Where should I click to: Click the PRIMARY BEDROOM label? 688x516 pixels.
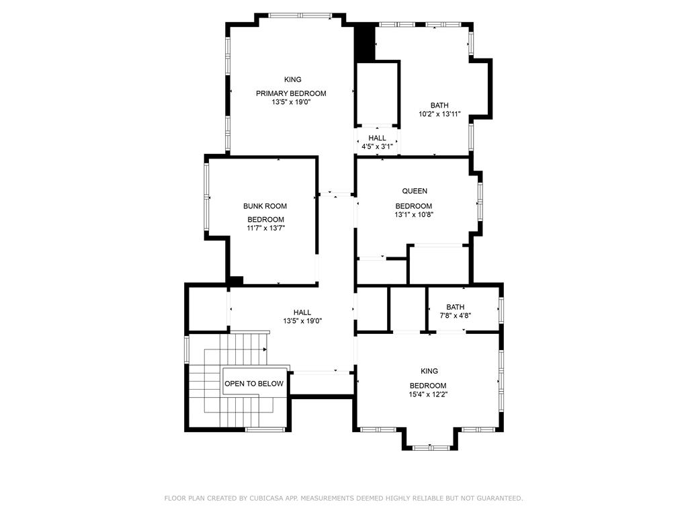pos(291,93)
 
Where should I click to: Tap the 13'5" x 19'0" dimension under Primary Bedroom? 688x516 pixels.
pos(291,102)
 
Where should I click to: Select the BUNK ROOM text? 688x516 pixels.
pos(265,206)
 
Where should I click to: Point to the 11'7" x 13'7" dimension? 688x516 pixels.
pos(266,228)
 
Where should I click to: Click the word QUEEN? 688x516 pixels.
pos(415,191)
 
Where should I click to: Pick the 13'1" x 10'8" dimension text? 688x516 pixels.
pos(414,214)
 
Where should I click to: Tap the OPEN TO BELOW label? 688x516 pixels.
pos(254,384)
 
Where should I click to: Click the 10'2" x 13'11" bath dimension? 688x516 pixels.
pos(439,114)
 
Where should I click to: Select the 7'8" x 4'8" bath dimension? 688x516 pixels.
pos(456,315)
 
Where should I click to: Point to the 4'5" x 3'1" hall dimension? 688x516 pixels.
pos(377,146)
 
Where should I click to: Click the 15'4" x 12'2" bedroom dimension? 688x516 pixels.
pos(428,394)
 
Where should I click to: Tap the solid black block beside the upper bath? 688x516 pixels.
pos(364,43)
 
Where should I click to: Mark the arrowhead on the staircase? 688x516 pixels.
pos(265,349)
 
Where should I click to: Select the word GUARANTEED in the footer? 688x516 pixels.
pos(500,498)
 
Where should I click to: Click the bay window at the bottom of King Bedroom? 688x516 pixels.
pos(431,448)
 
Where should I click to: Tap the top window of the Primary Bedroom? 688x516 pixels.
pos(300,15)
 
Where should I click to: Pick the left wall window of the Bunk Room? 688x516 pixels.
pos(206,197)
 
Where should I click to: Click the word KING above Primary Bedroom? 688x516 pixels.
pos(293,79)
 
